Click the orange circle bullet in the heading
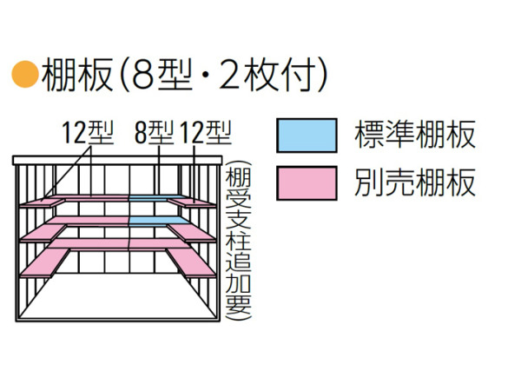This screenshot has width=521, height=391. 25,74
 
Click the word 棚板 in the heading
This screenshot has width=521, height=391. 77,75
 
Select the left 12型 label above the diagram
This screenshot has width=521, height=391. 88,133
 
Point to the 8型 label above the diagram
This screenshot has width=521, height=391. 155,133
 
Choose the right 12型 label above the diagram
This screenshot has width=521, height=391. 206,133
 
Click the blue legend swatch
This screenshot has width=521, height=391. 307,136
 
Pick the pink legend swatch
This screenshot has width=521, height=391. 307,183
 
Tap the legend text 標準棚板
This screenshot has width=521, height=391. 415,135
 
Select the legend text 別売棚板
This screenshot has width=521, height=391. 415,182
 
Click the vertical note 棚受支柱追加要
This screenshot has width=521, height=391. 238,241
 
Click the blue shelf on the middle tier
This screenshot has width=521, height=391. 158,221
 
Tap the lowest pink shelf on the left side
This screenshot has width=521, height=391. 45,262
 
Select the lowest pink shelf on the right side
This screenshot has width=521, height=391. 191,262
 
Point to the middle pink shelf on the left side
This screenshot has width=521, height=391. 43,233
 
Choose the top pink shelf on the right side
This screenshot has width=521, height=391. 192,202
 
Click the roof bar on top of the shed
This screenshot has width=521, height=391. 117,160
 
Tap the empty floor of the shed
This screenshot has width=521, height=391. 117,297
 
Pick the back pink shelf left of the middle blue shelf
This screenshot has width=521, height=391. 87,221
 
